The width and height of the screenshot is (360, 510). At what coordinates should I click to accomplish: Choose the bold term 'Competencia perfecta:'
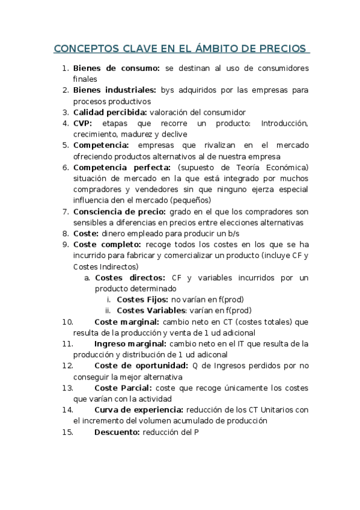pos(122,167)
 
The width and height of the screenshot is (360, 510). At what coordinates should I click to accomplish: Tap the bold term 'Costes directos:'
pos(130,277)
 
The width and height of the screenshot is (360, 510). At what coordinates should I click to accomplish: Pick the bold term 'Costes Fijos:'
pos(142,299)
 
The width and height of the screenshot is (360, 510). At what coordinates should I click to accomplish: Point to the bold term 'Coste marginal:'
pos(126,321)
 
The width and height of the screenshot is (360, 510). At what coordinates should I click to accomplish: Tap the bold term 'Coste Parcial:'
pos(123,387)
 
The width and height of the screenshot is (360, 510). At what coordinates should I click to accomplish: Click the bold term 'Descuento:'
pos(117,432)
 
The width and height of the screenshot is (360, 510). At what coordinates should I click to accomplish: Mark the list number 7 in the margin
pos(66,211)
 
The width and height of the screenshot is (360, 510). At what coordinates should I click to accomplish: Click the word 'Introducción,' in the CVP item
pos(285,123)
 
